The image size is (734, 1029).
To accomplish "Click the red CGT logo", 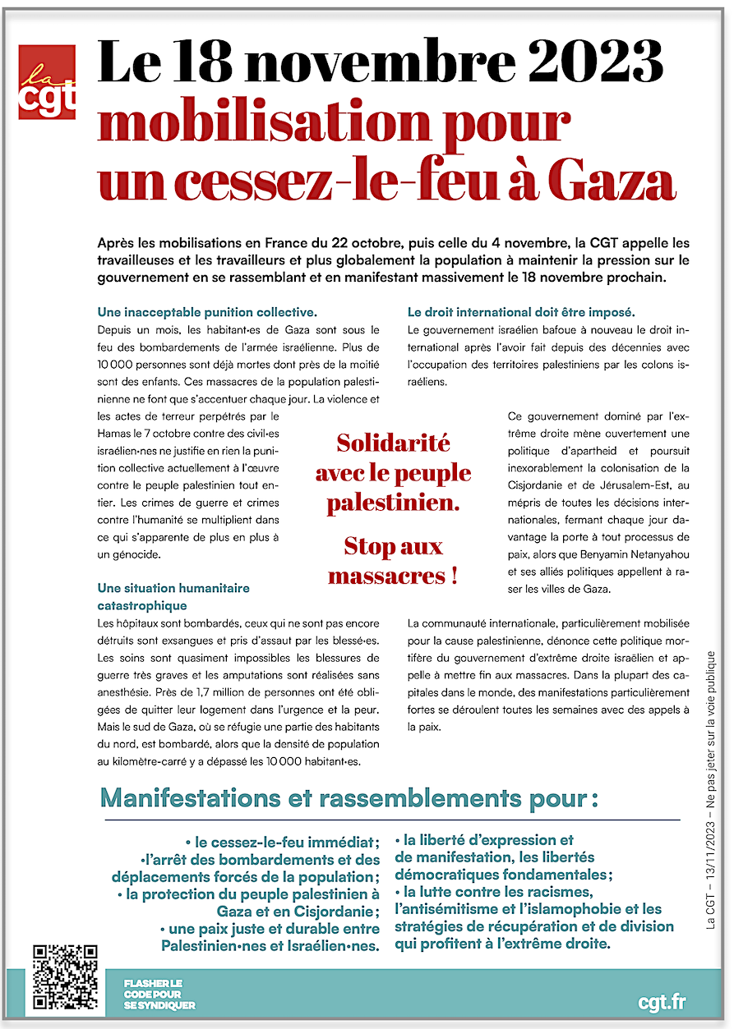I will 47,82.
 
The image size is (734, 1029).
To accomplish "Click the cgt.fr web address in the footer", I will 662,1002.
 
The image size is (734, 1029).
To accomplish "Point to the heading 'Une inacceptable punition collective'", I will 206,312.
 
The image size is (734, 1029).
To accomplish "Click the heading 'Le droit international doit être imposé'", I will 521,312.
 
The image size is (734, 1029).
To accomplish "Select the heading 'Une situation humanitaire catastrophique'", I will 173,597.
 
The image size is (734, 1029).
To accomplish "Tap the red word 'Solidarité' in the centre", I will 393,443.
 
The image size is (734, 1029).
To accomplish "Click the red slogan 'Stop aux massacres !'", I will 393,560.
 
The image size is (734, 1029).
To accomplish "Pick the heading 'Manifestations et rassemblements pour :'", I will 349,797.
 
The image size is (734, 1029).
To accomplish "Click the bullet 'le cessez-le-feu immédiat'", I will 283,843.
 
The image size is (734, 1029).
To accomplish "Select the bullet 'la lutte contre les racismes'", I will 497,892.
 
